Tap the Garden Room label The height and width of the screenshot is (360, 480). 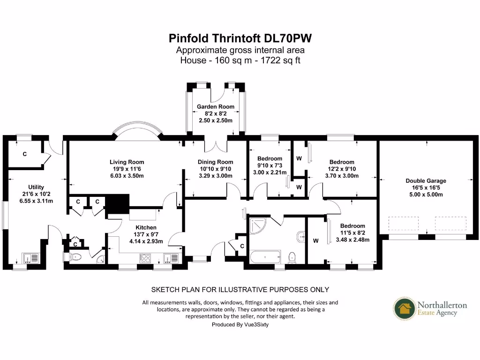click(x=216, y=107)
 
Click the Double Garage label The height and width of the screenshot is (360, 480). click(x=426, y=180)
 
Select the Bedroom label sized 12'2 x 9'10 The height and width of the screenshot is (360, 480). click(x=341, y=162)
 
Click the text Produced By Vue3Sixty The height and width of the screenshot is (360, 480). click(x=240, y=324)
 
